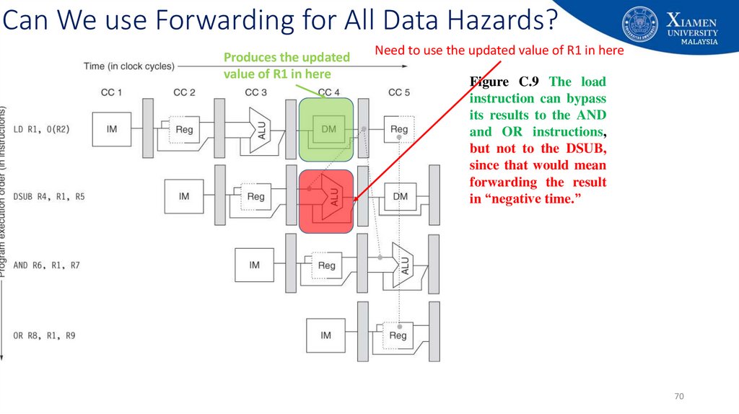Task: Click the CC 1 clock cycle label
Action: (110, 92)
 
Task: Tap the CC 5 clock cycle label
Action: (399, 92)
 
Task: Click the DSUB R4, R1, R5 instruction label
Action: (48, 196)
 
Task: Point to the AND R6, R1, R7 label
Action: (46, 265)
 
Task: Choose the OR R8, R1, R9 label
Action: (44, 335)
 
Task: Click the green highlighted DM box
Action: (326, 130)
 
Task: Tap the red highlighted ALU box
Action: (326, 201)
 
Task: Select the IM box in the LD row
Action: (112, 130)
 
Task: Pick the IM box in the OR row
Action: (325, 335)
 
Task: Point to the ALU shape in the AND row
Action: (402, 265)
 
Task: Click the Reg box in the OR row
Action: (398, 335)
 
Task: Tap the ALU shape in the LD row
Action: (258, 130)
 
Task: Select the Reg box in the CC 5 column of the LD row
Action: (399, 130)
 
